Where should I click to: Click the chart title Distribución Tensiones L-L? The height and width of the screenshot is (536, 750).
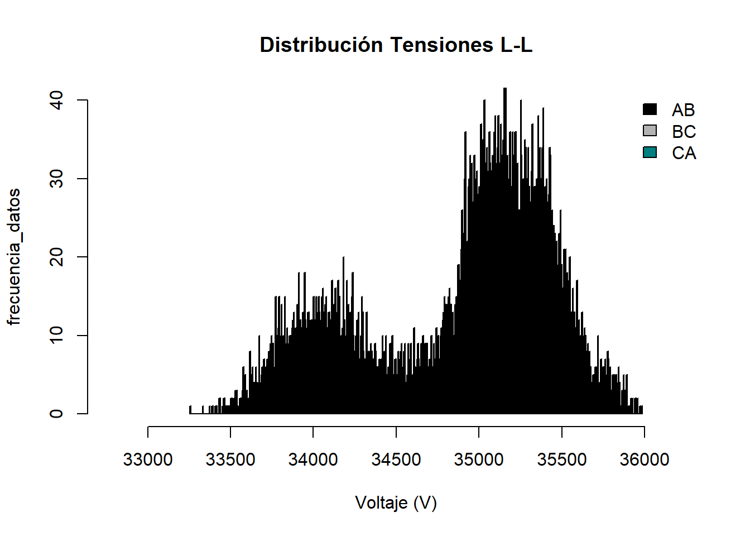click(396, 45)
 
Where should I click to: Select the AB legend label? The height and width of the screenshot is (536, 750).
click(684, 110)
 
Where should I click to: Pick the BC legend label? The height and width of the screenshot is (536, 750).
click(684, 132)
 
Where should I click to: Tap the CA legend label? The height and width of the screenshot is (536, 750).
click(684, 154)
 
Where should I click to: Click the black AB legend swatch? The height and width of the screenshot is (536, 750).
click(650, 109)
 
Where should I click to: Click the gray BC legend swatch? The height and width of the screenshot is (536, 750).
click(650, 131)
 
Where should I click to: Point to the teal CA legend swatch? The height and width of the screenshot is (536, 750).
click(650, 152)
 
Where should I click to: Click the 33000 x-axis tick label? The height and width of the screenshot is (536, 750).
click(148, 460)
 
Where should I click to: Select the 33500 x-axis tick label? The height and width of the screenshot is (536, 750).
click(230, 460)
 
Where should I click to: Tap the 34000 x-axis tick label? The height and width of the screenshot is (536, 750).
click(313, 460)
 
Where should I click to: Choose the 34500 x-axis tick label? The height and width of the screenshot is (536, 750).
click(396, 460)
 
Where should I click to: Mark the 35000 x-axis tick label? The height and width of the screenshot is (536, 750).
click(479, 460)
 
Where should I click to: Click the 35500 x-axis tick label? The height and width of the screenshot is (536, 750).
click(562, 460)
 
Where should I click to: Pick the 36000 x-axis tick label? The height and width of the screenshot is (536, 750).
click(645, 460)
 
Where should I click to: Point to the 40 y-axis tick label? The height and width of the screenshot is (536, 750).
click(56, 100)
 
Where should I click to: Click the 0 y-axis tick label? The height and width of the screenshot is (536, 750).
click(56, 414)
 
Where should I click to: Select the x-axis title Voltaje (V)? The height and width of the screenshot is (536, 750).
click(396, 503)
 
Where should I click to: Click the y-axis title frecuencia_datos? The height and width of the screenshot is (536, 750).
click(15, 257)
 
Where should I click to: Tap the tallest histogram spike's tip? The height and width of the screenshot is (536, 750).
click(505, 89)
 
